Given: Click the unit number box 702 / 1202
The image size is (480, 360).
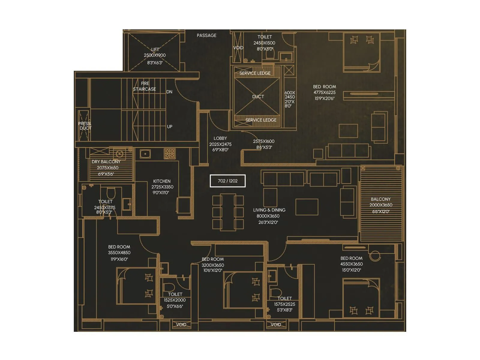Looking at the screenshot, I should coord(228,181).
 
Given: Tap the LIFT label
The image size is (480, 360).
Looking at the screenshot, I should coord(155,49).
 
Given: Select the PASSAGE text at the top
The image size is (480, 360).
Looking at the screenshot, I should coord(206,35).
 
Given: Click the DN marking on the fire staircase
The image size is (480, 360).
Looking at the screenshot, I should coord(169,92).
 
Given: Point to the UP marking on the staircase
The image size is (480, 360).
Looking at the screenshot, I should coord(169,127).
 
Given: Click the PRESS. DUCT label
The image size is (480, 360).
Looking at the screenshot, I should coord(85,126).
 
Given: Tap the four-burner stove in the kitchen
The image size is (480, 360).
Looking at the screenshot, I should coord(169,153).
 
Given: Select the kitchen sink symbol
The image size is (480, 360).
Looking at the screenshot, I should coord(145,154).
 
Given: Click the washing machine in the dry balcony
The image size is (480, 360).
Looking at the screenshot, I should coord(119,154).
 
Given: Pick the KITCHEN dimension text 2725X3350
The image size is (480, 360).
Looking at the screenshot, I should coord(162,187).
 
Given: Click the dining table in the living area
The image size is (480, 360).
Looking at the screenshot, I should coord(228,212).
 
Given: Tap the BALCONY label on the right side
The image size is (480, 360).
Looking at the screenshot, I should coord(381,199).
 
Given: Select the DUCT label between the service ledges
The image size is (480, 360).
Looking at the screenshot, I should coord(258,97).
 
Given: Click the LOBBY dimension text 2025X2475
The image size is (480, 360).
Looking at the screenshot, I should coord(220,144).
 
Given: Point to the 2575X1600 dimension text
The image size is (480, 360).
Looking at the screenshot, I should coord(264,141).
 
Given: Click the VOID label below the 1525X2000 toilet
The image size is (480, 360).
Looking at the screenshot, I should coord(181,325).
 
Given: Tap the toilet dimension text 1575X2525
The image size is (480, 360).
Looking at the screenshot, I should coord(284,304).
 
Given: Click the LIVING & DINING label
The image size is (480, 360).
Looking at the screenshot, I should coord(269,210).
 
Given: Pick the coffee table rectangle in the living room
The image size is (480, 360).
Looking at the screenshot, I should coord(307,207).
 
